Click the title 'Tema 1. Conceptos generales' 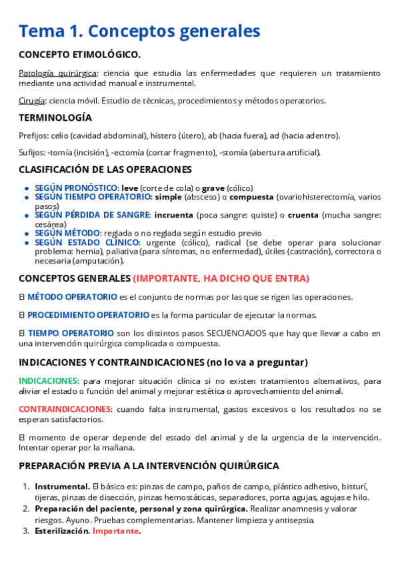point(139,31)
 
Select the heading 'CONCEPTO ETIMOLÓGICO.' point(79,55)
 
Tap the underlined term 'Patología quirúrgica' point(58,73)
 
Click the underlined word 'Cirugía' point(32,101)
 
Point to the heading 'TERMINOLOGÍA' point(55,117)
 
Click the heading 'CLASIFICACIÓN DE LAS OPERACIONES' point(105,170)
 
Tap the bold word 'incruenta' point(173,215)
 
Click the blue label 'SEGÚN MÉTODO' point(67,233)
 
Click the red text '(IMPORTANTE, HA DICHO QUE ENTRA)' point(230,278)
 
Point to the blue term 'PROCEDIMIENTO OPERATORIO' point(88,314)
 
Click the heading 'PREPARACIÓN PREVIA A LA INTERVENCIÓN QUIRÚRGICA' point(149,465)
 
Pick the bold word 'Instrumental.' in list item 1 point(63,487)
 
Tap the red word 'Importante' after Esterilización point(116,531)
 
